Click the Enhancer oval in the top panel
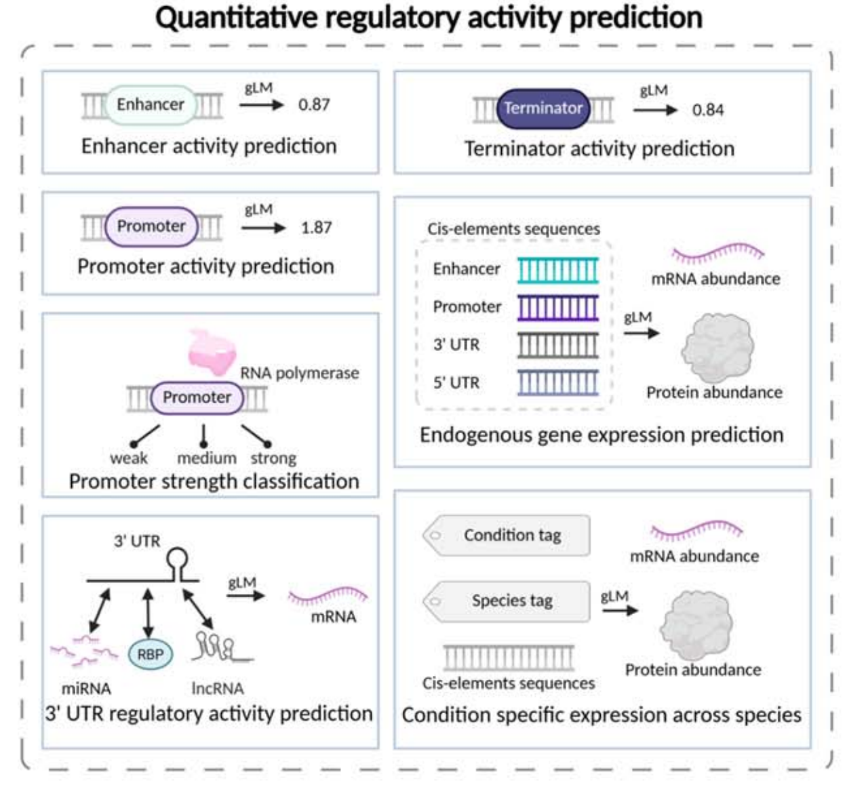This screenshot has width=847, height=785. pos(150,104)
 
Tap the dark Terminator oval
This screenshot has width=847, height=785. pos(543,108)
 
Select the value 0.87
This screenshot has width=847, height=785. pos(314,105)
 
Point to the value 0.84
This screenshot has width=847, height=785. pos(707,110)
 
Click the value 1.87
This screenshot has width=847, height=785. pos(316,228)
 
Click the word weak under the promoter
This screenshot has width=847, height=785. pos(129,458)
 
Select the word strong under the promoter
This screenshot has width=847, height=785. pos(273,458)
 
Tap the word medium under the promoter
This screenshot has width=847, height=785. pos(206,458)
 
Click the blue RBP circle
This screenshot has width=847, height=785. pos(151,654)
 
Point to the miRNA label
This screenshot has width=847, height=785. pos(86,689)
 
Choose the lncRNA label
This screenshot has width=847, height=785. pos(217,689)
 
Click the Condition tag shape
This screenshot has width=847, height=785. pos(507,536)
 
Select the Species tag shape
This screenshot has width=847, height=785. pos(507,601)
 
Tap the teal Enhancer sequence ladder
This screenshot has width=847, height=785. pos(558,270)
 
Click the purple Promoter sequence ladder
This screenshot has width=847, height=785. pos(558,307)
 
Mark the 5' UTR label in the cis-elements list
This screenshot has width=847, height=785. pos(456,383)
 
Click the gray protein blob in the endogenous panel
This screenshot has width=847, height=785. pos(717,348)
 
